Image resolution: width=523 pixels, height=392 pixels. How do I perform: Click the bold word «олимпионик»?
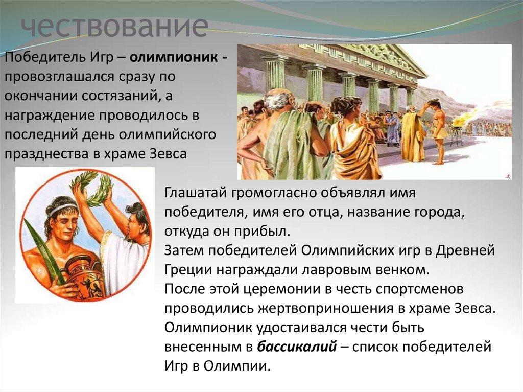(174, 57)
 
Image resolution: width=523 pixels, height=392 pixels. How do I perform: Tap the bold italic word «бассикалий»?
(297, 347)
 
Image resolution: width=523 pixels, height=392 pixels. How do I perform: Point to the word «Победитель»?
(45, 57)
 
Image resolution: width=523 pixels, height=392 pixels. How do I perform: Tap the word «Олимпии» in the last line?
(236, 366)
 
